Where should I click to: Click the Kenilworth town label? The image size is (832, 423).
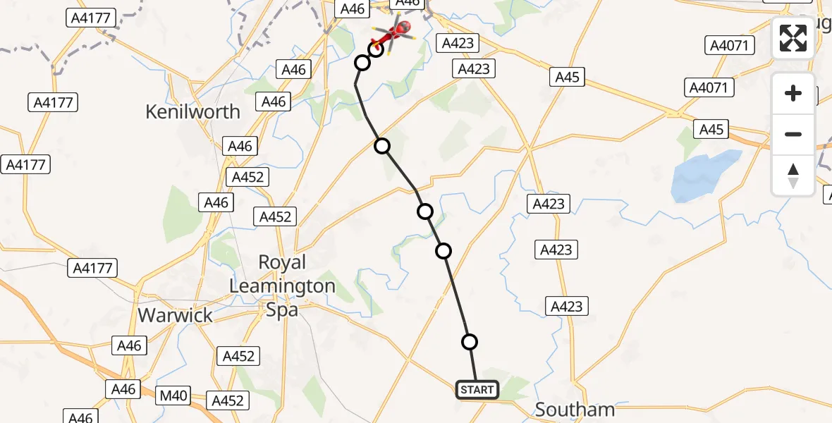pos(192,111)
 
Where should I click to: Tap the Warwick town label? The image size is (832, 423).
pos(175,314)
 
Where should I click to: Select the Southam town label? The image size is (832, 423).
pos(575,409)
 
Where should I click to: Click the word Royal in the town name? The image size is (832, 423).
pos(282,262)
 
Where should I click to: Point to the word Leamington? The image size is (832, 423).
pos(282,286)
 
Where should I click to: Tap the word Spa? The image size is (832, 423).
pos(282,310)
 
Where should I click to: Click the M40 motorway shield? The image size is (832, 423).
pos(173,396)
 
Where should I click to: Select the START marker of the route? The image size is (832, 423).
pos(477,390)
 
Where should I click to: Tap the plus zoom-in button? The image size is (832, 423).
pos(793,93)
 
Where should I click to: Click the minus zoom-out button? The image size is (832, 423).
pos(793,134)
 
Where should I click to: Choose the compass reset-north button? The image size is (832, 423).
pos(793,175)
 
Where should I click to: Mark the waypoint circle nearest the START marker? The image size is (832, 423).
pos(470,342)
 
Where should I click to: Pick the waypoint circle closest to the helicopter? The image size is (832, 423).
pos(376,49)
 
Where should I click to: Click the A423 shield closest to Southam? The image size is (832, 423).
pos(567,306)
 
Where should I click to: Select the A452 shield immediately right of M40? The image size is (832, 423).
pos(227,400)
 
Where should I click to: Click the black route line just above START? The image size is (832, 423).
pos(473,367)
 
